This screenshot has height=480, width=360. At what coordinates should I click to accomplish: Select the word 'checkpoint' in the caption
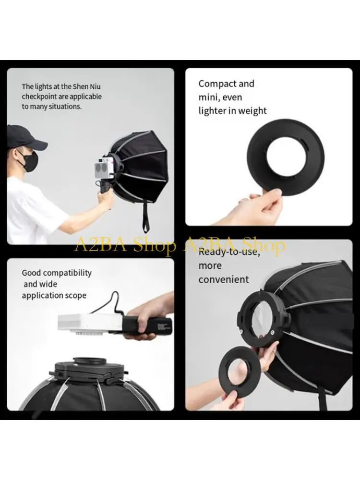(39, 97)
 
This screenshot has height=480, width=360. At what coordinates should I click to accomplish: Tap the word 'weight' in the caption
(252, 110)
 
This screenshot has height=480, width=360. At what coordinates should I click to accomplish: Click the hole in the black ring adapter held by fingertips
(286, 155)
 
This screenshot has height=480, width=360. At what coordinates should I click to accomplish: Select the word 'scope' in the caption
(77, 296)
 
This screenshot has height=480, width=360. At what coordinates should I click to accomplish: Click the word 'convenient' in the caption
(224, 279)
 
